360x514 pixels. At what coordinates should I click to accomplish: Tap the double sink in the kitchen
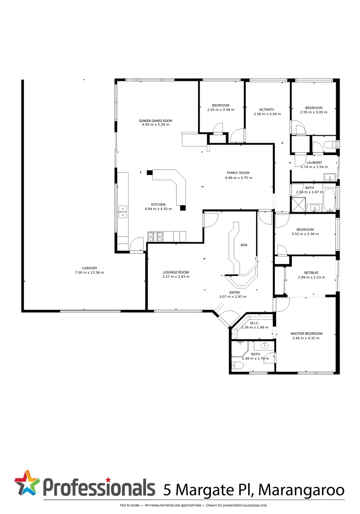(x=122, y=212)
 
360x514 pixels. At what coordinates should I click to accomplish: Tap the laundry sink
(x=330, y=178)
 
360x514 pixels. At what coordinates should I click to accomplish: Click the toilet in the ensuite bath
(x=238, y=366)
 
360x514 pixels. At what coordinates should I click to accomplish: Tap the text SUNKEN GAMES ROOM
(x=155, y=121)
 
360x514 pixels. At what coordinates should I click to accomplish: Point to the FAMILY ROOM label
(x=238, y=173)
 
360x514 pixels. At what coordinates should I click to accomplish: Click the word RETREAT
(x=308, y=273)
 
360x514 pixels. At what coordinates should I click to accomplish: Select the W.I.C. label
(x=254, y=323)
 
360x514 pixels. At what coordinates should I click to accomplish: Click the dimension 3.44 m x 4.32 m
(x=307, y=338)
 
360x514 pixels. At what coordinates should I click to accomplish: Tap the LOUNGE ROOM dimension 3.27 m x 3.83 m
(x=176, y=277)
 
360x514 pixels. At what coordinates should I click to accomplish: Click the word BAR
(x=244, y=245)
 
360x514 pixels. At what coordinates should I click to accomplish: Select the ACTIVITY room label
(x=267, y=109)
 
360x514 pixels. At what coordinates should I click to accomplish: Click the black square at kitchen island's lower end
(x=183, y=208)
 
